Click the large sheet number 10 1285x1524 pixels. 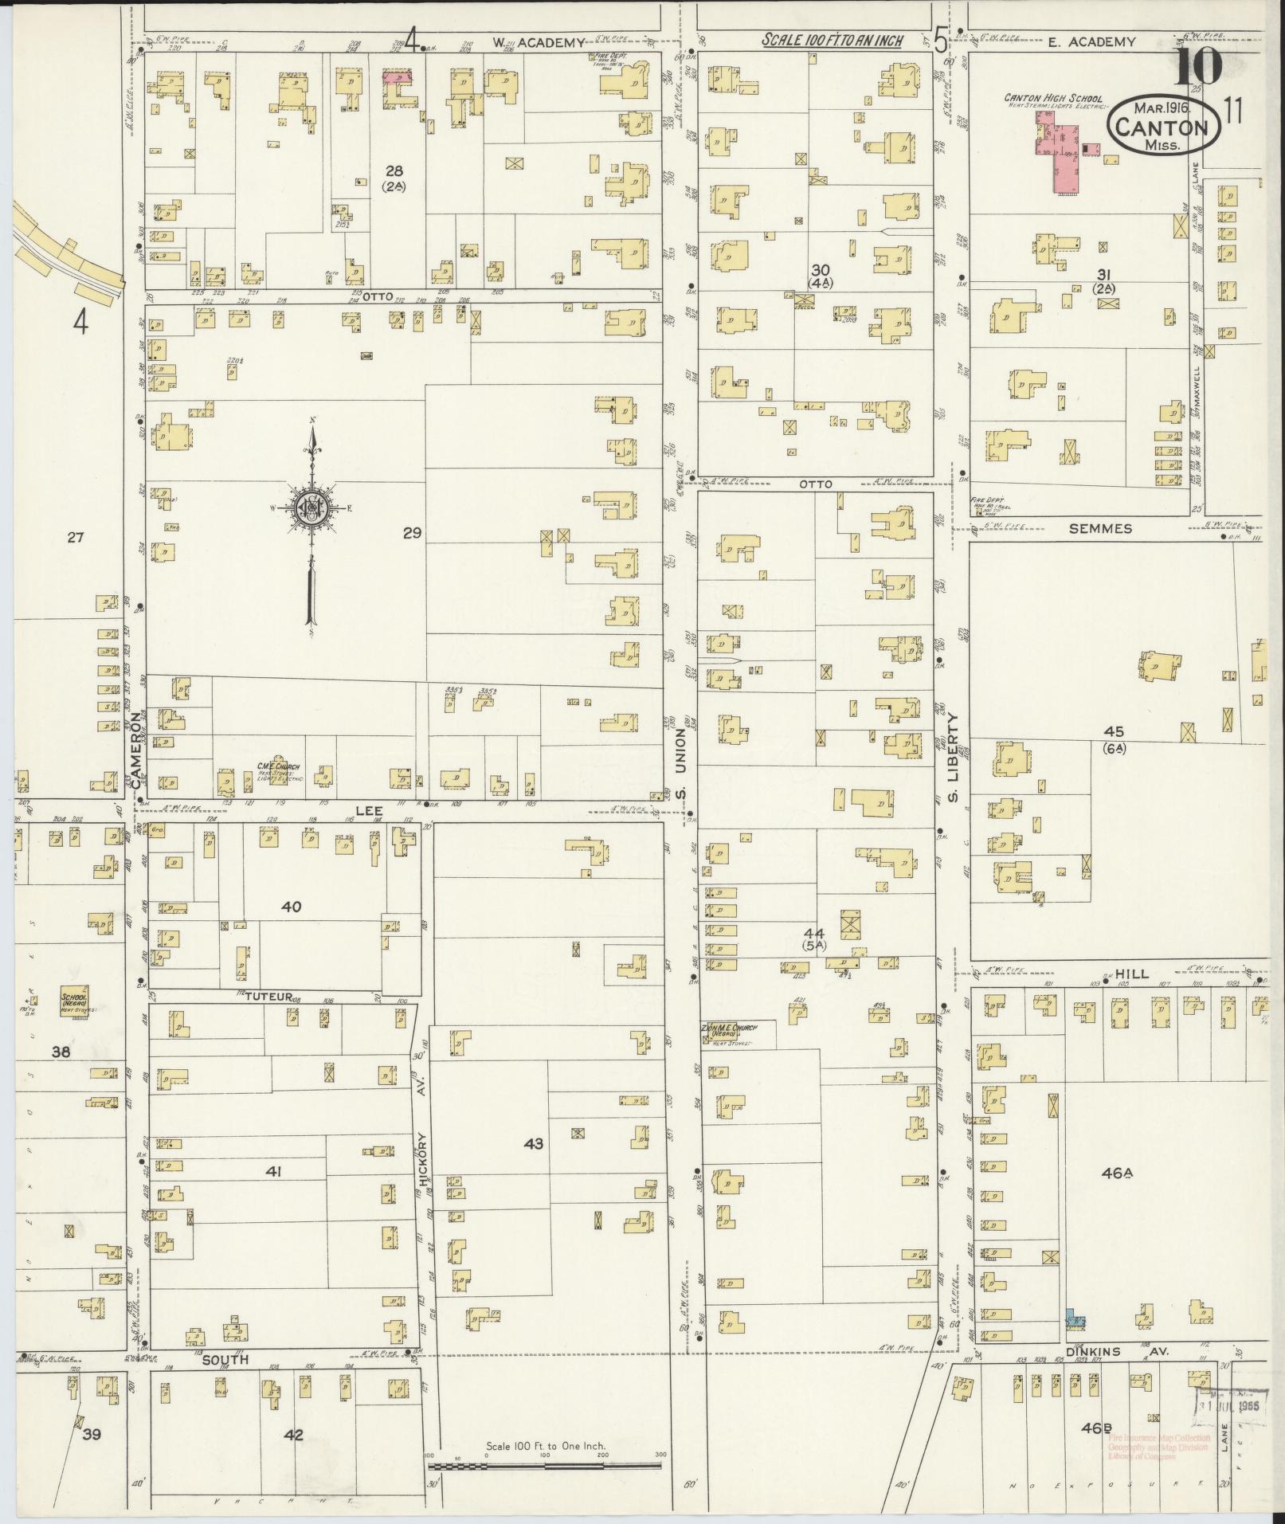[1197, 69]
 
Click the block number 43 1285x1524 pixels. [533, 1144]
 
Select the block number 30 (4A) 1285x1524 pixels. [820, 276]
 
